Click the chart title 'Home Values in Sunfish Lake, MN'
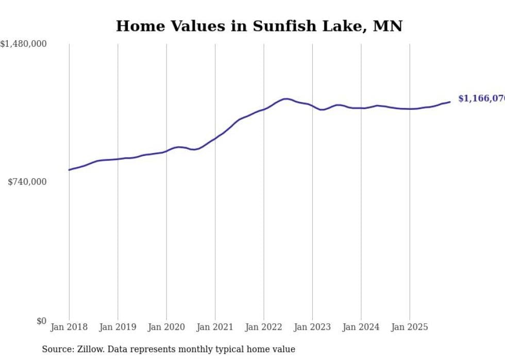point(259,26)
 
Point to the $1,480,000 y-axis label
point(23,44)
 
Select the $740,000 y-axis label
point(27,182)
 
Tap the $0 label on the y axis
point(41,321)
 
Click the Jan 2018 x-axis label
point(69,327)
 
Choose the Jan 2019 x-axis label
point(117,327)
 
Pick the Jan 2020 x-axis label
point(166,327)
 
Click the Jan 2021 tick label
point(215,327)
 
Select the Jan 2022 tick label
point(264,327)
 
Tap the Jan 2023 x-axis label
point(312,327)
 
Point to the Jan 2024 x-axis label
point(361,327)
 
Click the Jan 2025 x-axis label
point(410,327)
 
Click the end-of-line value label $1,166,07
point(481,98)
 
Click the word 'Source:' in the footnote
point(57,349)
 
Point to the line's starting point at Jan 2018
point(69,169)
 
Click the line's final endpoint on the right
point(450,101)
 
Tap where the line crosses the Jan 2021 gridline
point(215,138)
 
